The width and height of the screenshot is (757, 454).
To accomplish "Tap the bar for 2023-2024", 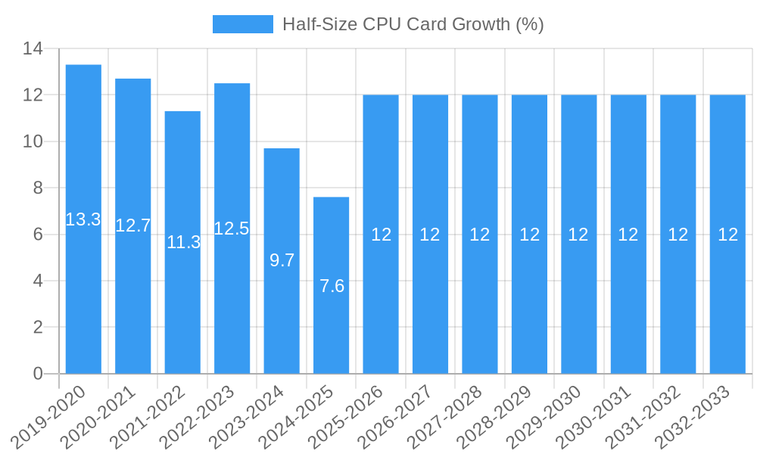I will tap(282, 318).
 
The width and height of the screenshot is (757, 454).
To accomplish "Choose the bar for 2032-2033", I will tap(727, 303).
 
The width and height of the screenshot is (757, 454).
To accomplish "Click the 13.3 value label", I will tap(83, 219).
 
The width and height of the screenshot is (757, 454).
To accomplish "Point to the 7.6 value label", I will tap(332, 286).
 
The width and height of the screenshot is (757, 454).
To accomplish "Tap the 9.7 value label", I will tap(282, 260).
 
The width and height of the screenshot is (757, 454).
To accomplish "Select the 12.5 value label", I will tap(232, 229).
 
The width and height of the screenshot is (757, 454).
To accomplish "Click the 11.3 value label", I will tap(183, 242).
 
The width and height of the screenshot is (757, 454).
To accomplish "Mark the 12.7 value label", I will tap(133, 225).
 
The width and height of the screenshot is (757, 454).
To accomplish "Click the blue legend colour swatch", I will tap(242, 24).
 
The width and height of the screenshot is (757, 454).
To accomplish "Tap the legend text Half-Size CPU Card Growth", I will tap(413, 24).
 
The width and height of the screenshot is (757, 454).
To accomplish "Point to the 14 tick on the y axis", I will tap(33, 49).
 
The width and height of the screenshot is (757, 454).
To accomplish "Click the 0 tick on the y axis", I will tap(39, 374).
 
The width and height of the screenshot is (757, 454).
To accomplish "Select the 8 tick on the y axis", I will tap(39, 188).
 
